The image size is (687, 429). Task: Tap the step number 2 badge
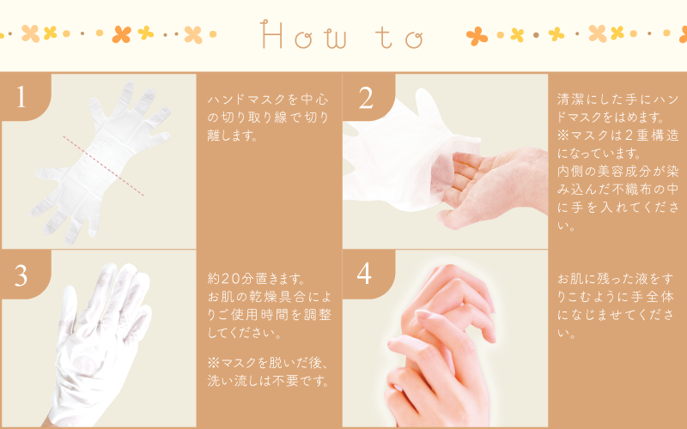pyautogui.click(x=367, y=97)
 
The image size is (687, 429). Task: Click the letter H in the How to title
pyautogui.click(x=271, y=34)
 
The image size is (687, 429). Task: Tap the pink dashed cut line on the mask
pyautogui.click(x=103, y=166)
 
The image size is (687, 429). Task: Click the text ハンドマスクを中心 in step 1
pyautogui.click(x=268, y=100)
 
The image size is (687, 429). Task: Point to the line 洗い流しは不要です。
pyautogui.click(x=268, y=380)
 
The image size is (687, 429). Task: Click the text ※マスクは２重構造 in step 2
pyautogui.click(x=617, y=136)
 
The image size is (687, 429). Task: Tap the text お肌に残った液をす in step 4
pyautogui.click(x=615, y=279)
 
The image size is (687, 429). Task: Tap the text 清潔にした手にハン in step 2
pyautogui.click(x=617, y=100)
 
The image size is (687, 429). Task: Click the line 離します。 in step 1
pyautogui.click(x=233, y=136)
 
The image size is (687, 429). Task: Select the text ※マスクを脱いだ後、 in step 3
pyautogui.click(x=268, y=362)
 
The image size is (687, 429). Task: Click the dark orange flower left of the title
pyautogui.click(x=121, y=34)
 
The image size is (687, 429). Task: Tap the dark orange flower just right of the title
pyautogui.click(x=477, y=36)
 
